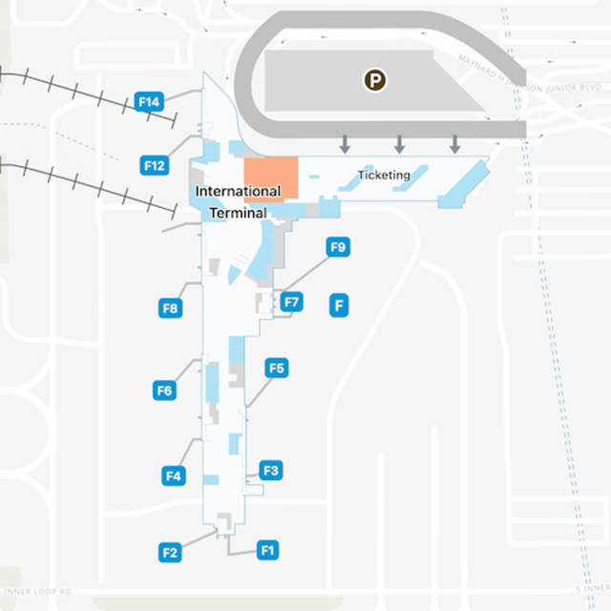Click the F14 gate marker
coord(150,101)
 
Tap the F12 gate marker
coord(155,165)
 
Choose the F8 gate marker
coord(170,308)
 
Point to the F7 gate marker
coord(292,304)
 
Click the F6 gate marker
coord(164,390)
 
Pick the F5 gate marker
coord(277,369)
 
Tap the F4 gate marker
coord(173,475)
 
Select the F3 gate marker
coord(270,471)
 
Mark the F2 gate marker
coord(170,552)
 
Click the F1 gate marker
coord(267,550)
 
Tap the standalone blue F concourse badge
coord(338,306)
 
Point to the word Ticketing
coord(384,176)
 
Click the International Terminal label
coord(238,201)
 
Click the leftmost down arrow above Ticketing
coord(345,144)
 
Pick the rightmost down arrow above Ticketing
coord(455,144)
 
